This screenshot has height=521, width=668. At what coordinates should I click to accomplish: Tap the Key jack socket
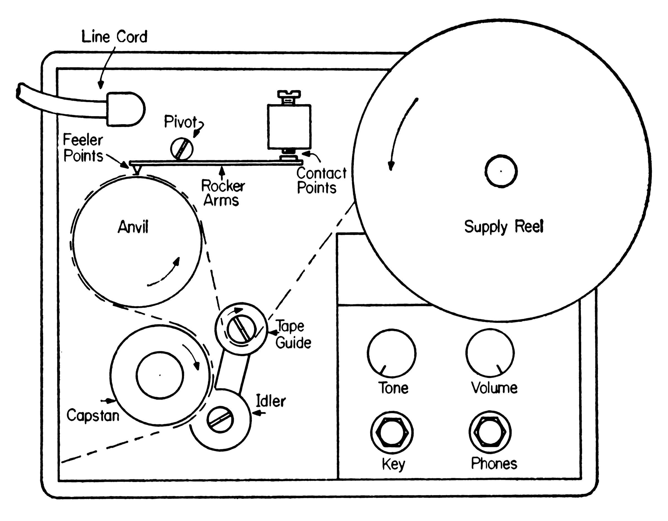[x=392, y=432]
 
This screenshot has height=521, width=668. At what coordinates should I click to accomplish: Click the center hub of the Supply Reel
[x=501, y=171]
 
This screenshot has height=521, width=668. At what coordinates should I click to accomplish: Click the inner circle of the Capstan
[x=160, y=375]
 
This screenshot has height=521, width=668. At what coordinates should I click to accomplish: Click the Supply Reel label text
[x=504, y=227]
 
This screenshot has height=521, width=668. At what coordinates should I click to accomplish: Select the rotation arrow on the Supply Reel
[x=399, y=132]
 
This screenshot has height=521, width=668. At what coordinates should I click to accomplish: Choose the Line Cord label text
[x=114, y=37]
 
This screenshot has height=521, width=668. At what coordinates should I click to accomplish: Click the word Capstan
[x=93, y=416]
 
